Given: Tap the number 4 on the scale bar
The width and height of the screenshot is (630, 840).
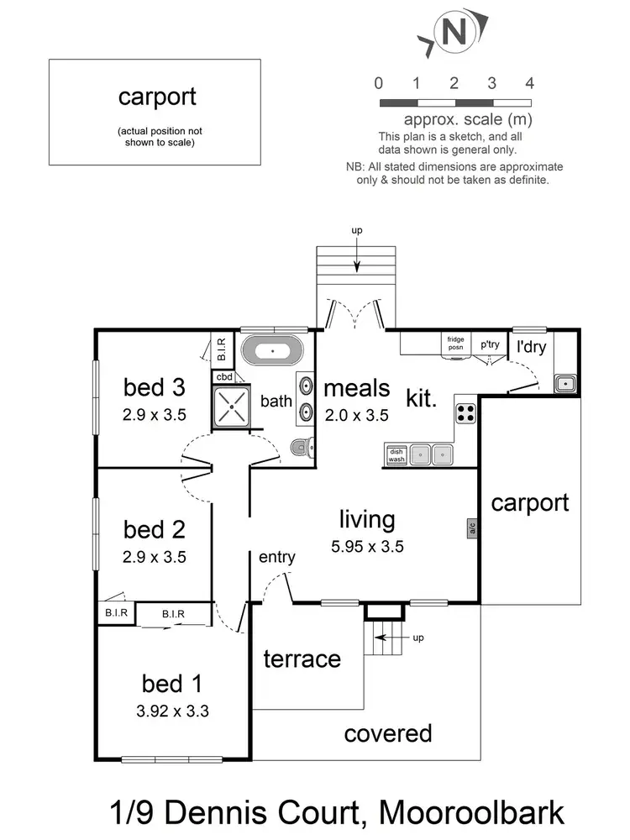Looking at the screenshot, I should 529,82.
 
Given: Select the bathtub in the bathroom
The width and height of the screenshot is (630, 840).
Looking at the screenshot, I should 270,349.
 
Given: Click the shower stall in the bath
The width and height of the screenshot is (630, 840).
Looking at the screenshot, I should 236,407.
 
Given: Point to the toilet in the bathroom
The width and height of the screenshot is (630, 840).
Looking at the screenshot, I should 300,447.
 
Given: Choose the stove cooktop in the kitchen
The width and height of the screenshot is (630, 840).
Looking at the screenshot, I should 465,413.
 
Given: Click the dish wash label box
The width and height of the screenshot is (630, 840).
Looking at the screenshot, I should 396,455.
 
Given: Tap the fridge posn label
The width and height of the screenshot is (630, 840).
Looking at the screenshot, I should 455,343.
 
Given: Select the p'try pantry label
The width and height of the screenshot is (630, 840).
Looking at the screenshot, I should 490,344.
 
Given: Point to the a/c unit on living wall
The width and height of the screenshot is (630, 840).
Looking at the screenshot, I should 473,529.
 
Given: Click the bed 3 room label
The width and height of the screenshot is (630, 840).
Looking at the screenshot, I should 154,388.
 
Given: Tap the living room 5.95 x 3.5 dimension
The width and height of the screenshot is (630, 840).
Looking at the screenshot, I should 367,546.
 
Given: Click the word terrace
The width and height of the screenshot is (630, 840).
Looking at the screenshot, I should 302,659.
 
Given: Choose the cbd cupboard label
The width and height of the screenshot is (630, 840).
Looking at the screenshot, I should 224,377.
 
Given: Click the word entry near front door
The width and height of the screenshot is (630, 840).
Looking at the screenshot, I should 276,557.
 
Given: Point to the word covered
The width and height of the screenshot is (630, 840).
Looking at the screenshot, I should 388,733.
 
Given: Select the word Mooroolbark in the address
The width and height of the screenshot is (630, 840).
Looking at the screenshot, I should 472,812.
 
